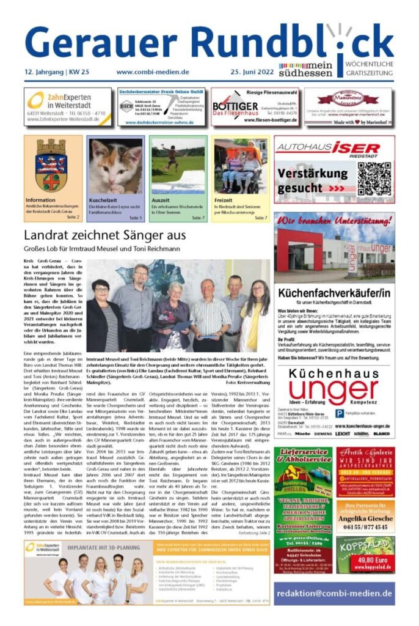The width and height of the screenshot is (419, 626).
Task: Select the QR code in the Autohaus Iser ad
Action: pos(374,179)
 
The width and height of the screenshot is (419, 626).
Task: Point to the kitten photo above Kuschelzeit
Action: pos(115,165)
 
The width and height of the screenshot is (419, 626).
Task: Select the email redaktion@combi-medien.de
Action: pos(333,593)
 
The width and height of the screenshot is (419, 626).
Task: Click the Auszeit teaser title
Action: pos(161,200)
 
